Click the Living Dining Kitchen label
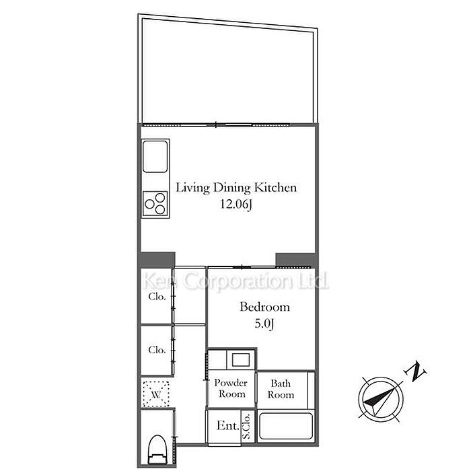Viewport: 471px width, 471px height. [236, 188]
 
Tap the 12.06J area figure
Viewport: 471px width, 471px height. [235, 205]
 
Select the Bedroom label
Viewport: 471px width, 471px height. [264, 307]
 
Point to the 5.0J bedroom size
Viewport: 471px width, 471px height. [264, 324]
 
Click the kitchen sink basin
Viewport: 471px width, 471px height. [155, 157]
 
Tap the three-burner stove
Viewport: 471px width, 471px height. [155, 203]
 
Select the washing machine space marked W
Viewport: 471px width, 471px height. [155, 394]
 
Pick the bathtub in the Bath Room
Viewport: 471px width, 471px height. [286, 426]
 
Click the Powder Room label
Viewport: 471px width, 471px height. [231, 388]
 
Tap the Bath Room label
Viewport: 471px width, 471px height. [281, 389]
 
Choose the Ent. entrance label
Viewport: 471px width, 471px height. [228, 426]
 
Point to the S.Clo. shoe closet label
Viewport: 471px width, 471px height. [246, 426]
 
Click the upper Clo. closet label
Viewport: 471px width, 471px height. [157, 297]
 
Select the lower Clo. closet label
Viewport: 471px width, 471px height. [157, 350]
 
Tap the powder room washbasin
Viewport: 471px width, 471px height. [241, 359]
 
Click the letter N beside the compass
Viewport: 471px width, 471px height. [416, 373]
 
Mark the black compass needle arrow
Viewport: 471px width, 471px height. [379, 398]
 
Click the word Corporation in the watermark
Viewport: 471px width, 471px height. [238, 281]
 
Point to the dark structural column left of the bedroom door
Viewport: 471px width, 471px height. [156, 260]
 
